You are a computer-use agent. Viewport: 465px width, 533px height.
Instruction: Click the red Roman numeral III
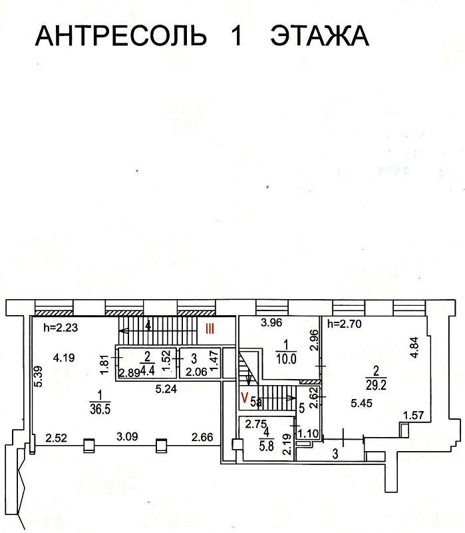click(210, 327)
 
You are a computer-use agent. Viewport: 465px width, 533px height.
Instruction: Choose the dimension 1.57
click(414, 416)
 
